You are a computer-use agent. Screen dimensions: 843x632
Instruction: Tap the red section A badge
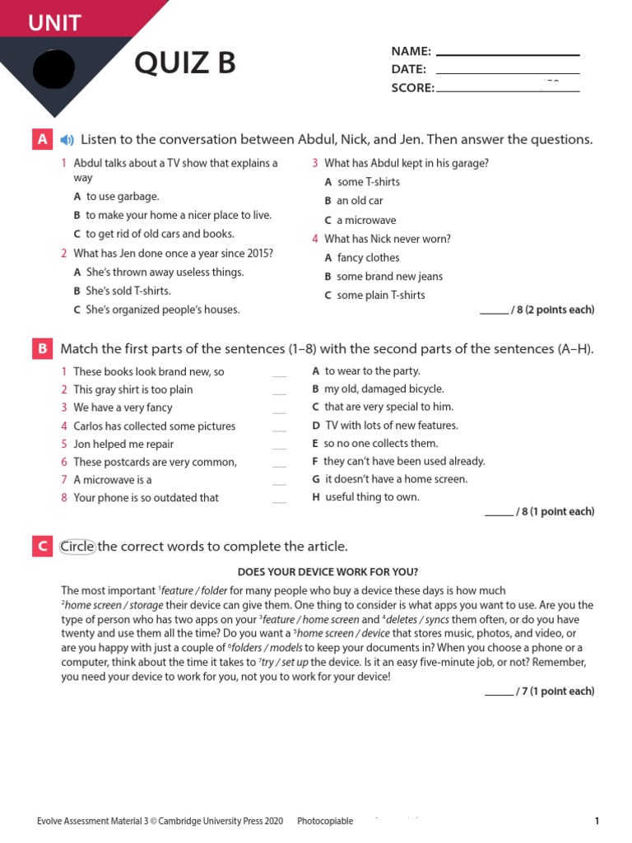coord(42,139)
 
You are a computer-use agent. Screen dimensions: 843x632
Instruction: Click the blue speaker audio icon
coord(67,140)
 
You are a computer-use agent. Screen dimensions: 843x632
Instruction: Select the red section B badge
coord(42,349)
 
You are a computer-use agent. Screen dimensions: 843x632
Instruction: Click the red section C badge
coord(42,546)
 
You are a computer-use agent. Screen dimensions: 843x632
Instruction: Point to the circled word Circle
coord(78,547)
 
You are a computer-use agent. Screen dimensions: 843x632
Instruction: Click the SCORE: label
coord(412,88)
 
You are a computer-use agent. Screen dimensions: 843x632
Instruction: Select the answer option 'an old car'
coord(359,201)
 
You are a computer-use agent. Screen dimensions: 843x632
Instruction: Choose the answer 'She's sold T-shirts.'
coord(128,291)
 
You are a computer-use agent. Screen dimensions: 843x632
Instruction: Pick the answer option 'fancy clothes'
coord(368,258)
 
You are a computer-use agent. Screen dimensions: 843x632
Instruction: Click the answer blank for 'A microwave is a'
coord(280,481)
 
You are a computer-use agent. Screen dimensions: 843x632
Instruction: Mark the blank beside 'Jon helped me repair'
coord(280,445)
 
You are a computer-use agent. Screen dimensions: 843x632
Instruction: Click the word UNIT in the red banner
coord(55,23)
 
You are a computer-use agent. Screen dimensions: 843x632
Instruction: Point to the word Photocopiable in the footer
coord(325,821)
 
